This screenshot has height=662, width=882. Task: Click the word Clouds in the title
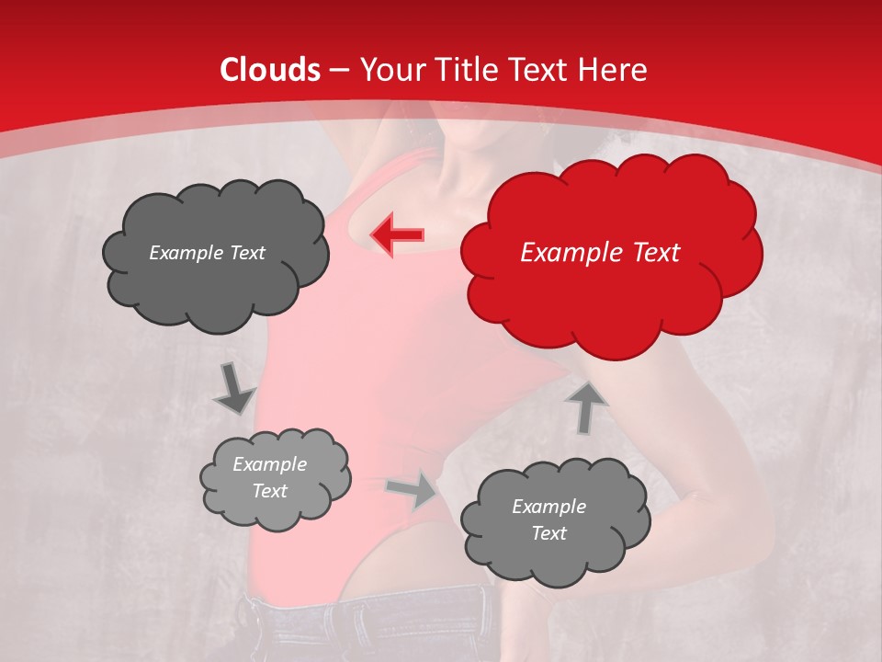click(x=270, y=70)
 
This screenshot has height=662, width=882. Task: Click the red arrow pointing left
click(x=397, y=235)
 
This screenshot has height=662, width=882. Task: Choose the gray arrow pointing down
click(x=234, y=390)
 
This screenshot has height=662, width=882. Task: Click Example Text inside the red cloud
click(x=600, y=253)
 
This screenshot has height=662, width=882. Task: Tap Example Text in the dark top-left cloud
click(x=207, y=253)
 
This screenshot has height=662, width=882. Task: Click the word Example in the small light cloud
click(x=269, y=464)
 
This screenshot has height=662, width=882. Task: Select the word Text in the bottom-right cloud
click(x=548, y=533)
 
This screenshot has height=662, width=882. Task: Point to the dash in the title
click(x=339, y=70)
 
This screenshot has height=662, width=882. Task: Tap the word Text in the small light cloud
click(x=269, y=491)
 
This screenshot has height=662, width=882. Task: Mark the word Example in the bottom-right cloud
click(x=548, y=507)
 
